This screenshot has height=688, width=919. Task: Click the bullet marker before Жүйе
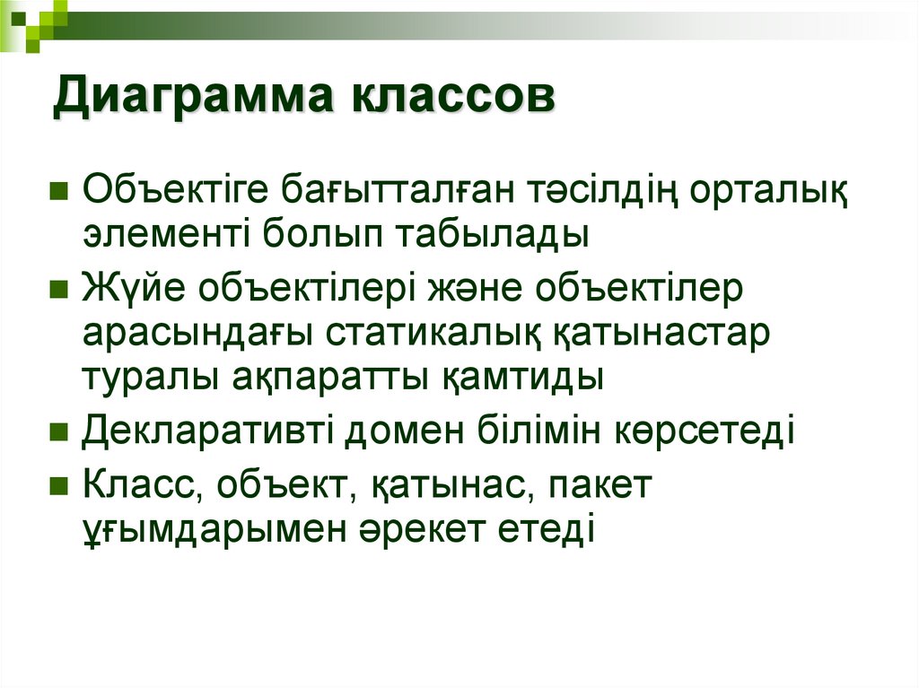(x=60, y=291)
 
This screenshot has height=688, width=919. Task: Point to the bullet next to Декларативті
(x=60, y=432)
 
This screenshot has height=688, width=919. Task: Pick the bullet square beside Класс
(x=60, y=486)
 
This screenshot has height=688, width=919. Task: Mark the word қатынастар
(x=660, y=334)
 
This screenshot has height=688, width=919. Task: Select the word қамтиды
(x=523, y=376)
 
